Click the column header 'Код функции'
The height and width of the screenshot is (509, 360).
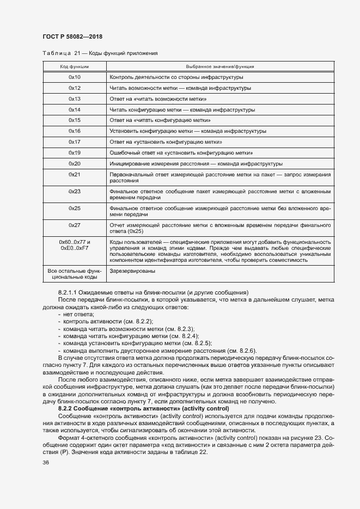pyautogui.click(x=74, y=66)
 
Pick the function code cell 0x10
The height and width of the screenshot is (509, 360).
pyautogui.click(x=74, y=78)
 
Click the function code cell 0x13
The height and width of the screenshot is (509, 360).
pyautogui.click(x=74, y=99)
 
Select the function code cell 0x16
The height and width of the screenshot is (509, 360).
pyautogui.click(x=74, y=131)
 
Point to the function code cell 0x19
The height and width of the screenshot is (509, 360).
pyautogui.click(x=74, y=152)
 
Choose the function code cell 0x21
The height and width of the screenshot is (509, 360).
pyautogui.click(x=74, y=174)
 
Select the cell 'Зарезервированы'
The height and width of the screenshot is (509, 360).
pyautogui.click(x=133, y=271)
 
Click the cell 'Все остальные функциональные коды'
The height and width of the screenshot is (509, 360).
pyautogui.click(x=74, y=274)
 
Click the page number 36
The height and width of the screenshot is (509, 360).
pyautogui.click(x=46, y=463)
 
